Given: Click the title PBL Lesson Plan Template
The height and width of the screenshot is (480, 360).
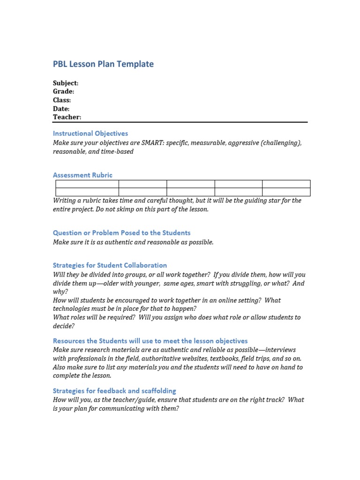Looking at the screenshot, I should pyautogui.click(x=103, y=64).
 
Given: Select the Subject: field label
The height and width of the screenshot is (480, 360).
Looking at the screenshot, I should pyautogui.click(x=66, y=83).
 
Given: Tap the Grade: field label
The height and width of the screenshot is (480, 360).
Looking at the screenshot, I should pyautogui.click(x=63, y=91).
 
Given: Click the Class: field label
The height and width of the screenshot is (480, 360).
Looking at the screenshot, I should pyautogui.click(x=62, y=100).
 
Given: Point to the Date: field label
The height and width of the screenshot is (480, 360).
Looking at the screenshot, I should pyautogui.click(x=61, y=109).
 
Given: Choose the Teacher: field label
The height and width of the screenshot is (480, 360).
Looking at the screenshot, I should pyautogui.click(x=67, y=117).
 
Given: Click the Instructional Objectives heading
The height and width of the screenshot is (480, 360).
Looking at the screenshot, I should pyautogui.click(x=90, y=134).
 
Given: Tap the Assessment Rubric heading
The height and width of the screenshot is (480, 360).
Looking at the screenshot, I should pyautogui.click(x=82, y=175).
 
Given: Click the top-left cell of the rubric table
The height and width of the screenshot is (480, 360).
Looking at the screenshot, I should pyautogui.click(x=87, y=184).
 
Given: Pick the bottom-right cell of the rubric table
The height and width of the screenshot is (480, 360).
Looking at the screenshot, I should pyautogui.click(x=286, y=192).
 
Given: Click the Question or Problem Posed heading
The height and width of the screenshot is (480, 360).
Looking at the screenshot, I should pyautogui.click(x=122, y=233).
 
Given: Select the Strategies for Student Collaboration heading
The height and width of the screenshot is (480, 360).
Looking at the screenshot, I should pyautogui.click(x=110, y=265).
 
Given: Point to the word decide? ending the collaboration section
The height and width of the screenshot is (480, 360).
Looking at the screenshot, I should pyautogui.click(x=64, y=326).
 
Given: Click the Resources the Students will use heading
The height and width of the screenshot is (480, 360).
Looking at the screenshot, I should pyautogui.click(x=150, y=341).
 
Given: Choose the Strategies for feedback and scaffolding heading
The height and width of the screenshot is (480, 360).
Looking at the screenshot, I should pyautogui.click(x=114, y=391).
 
